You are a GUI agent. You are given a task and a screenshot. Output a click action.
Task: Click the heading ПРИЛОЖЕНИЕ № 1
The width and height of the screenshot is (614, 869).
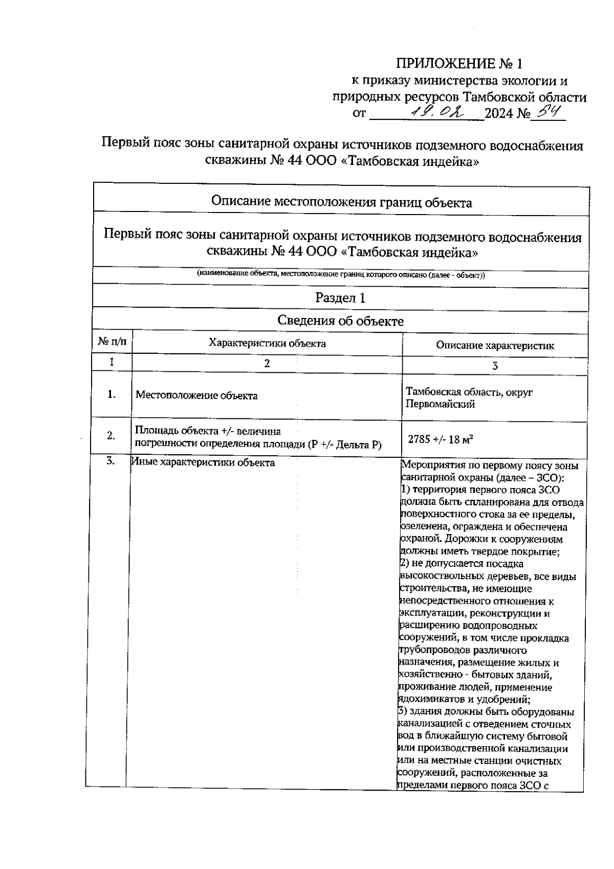point(460,64)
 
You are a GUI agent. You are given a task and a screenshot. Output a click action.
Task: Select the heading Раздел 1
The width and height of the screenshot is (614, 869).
point(340,298)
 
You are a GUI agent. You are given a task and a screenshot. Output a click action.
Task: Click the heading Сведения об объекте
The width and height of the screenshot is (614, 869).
point(340,321)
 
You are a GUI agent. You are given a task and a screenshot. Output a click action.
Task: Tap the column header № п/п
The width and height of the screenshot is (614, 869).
point(112,341)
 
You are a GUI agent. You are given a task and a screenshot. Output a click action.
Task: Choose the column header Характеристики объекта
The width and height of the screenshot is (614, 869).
point(267,343)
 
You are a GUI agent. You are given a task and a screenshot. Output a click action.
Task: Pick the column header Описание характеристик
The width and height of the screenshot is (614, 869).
point(495,345)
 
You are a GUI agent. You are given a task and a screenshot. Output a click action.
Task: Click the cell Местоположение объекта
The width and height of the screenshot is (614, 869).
point(196,395)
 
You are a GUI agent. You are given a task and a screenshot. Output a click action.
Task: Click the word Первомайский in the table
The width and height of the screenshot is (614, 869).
point(440,404)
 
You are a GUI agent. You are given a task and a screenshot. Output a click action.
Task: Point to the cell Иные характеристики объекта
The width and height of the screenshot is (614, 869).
point(203,463)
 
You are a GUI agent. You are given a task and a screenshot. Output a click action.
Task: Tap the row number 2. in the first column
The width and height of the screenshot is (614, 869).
point(111,436)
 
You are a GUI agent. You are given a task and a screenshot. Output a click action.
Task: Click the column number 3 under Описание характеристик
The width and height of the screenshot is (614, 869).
point(495,366)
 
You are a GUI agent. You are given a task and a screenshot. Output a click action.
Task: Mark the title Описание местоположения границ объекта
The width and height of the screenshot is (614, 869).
point(341,202)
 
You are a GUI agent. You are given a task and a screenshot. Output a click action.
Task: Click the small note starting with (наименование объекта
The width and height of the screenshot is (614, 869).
point(341,274)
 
